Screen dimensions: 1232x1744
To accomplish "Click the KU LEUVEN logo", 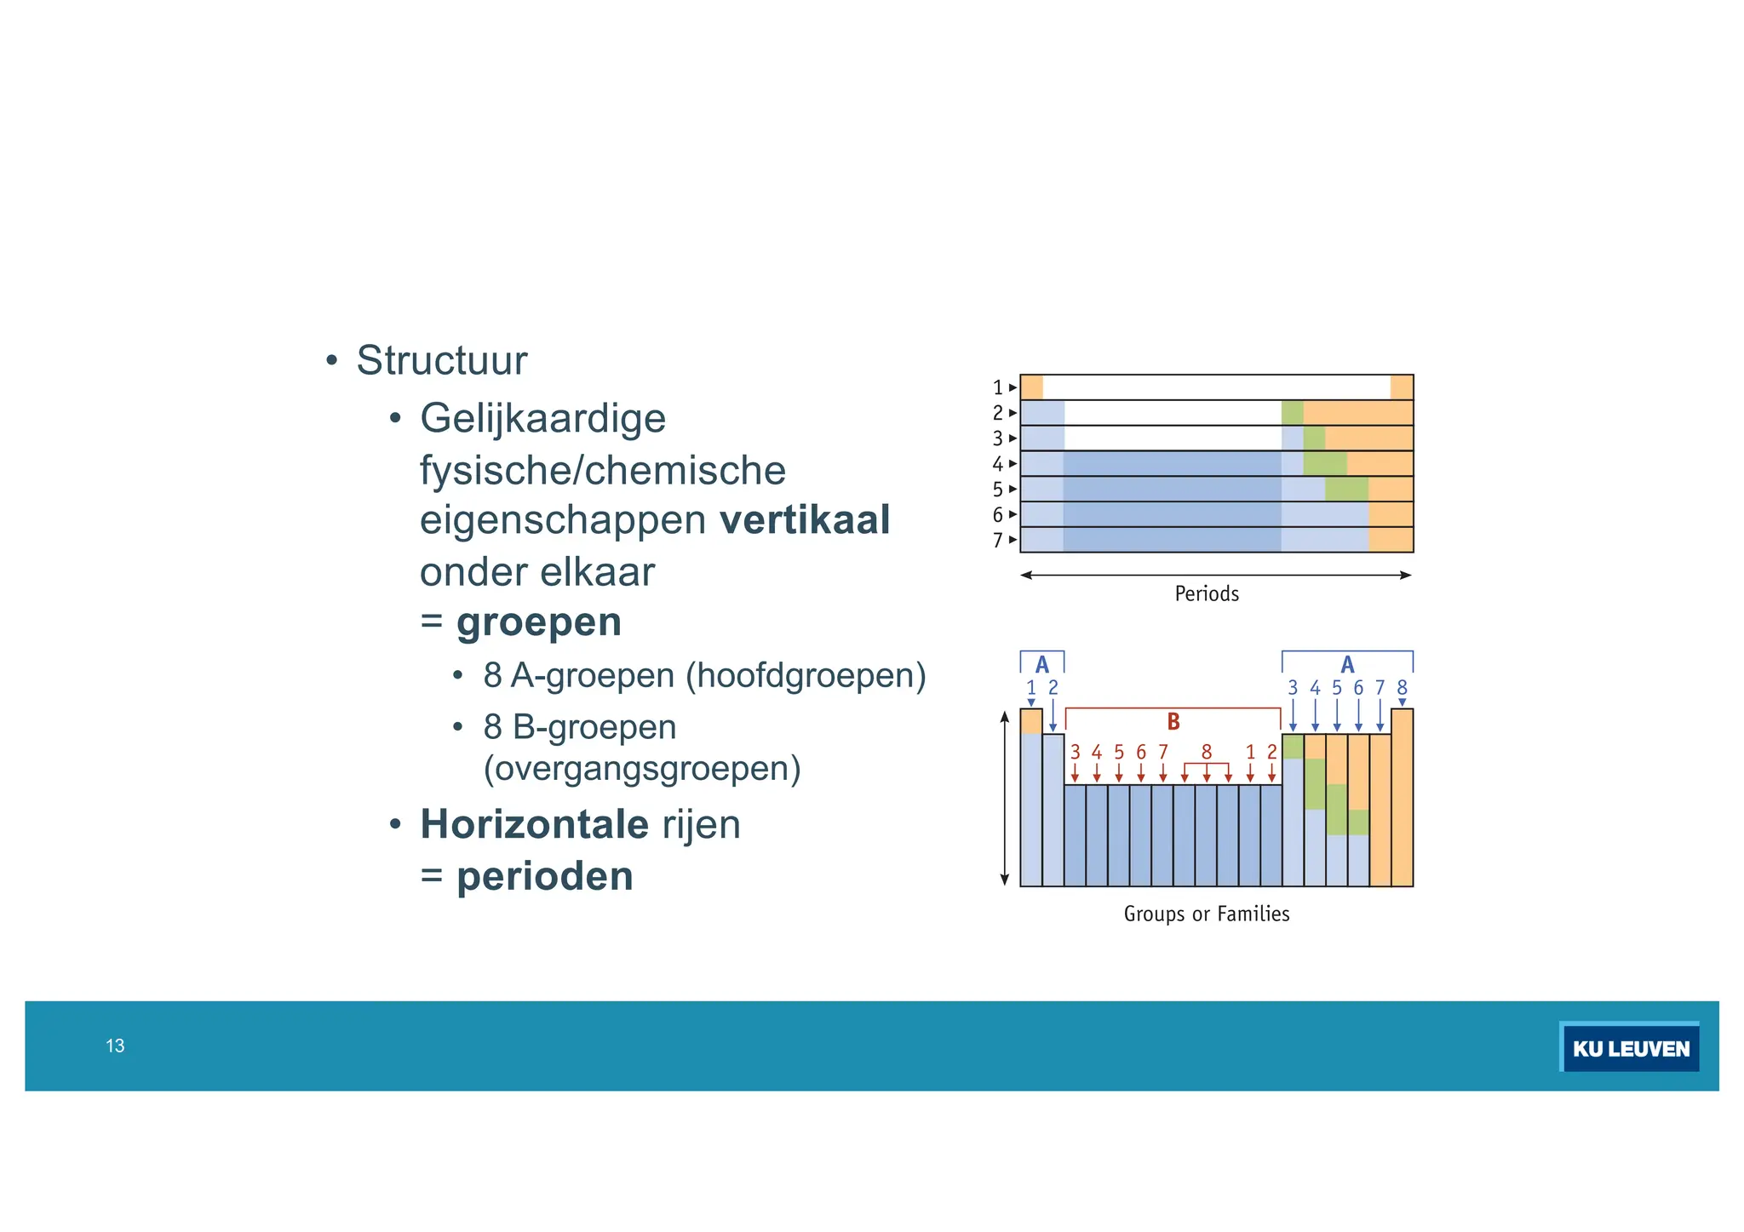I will pyautogui.click(x=1629, y=1048).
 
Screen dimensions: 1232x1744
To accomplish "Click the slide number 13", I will pyautogui.click(x=115, y=1046).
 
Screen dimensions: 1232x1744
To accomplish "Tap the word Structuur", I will pyautogui.click(x=441, y=360).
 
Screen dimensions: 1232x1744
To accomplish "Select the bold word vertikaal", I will pyautogui.click(x=804, y=519).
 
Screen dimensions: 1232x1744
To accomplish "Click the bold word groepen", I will pyautogui.click(x=539, y=622).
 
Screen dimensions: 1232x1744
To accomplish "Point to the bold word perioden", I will pyautogui.click(x=545, y=876).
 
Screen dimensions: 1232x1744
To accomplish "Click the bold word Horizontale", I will pyautogui.click(x=534, y=824).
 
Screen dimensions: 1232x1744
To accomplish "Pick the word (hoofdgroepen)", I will pyautogui.click(x=806, y=675).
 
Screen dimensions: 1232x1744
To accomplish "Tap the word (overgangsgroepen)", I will pyautogui.click(x=641, y=769).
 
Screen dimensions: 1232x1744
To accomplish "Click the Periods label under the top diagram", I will pyautogui.click(x=1206, y=593).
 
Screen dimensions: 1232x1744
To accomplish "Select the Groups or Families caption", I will pyautogui.click(x=1206, y=914).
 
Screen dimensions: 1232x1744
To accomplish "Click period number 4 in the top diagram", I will pyautogui.click(x=997, y=464).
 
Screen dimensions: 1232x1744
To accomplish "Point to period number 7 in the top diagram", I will pyautogui.click(x=997, y=541).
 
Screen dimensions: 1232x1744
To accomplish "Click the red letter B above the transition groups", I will pyautogui.click(x=1173, y=722).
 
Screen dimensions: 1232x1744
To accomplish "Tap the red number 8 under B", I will pyautogui.click(x=1206, y=752).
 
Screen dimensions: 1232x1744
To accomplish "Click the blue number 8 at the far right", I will pyautogui.click(x=1402, y=687).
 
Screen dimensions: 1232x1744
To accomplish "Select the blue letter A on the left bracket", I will pyautogui.click(x=1041, y=665).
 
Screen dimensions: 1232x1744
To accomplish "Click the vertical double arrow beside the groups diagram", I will pyautogui.click(x=1004, y=799).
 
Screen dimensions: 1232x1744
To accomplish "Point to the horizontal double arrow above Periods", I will pyautogui.click(x=1215, y=576).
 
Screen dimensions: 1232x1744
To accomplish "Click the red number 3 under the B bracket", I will pyautogui.click(x=1075, y=752).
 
